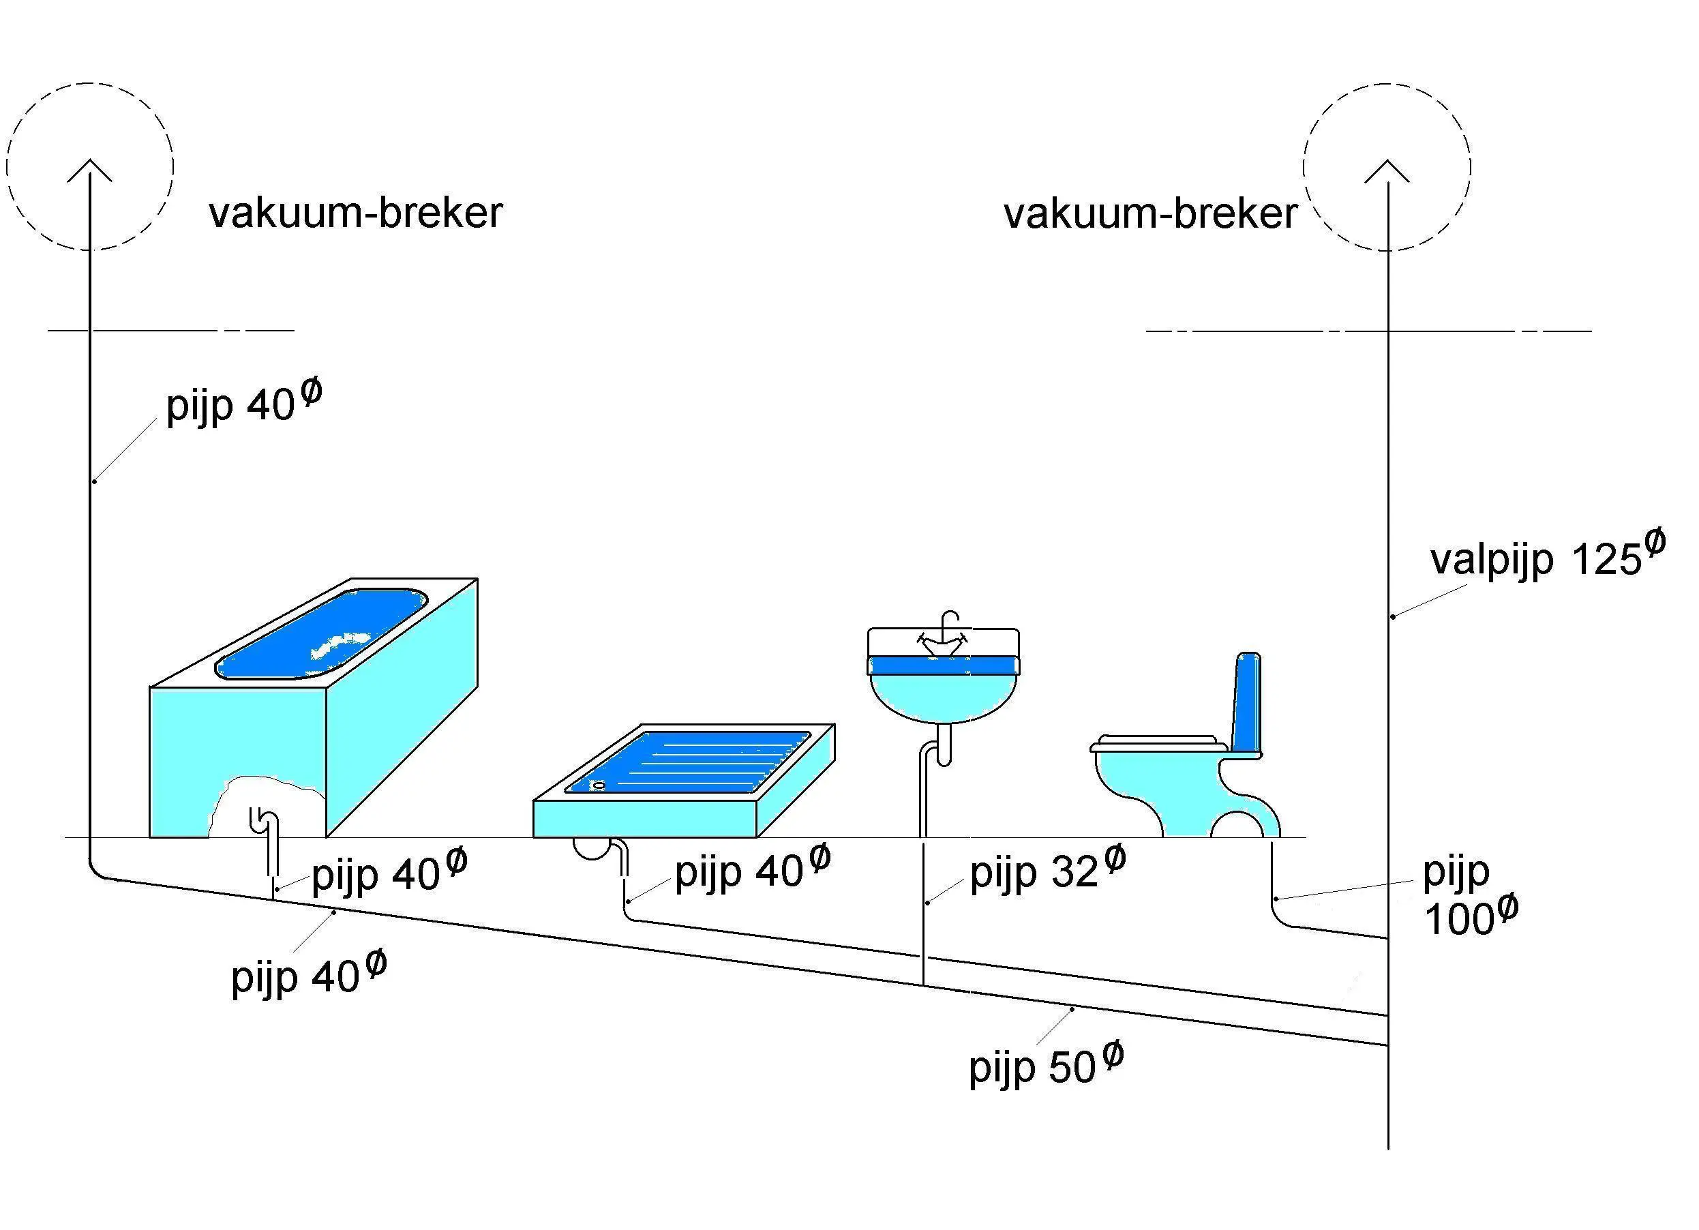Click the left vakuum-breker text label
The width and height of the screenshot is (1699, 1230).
click(x=356, y=213)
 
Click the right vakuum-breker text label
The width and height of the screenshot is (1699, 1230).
click(x=1151, y=214)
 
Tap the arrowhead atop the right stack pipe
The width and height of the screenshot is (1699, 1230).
click(x=1387, y=170)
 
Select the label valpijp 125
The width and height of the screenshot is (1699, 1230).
click(x=1548, y=556)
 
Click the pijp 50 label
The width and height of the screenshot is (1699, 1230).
click(x=1047, y=1065)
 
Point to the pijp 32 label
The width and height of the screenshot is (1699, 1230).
click(x=1048, y=871)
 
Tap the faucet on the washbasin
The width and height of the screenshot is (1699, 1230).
click(x=943, y=635)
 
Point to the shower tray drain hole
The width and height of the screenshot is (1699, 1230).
click(x=599, y=785)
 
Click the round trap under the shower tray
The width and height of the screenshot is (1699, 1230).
click(x=592, y=847)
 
